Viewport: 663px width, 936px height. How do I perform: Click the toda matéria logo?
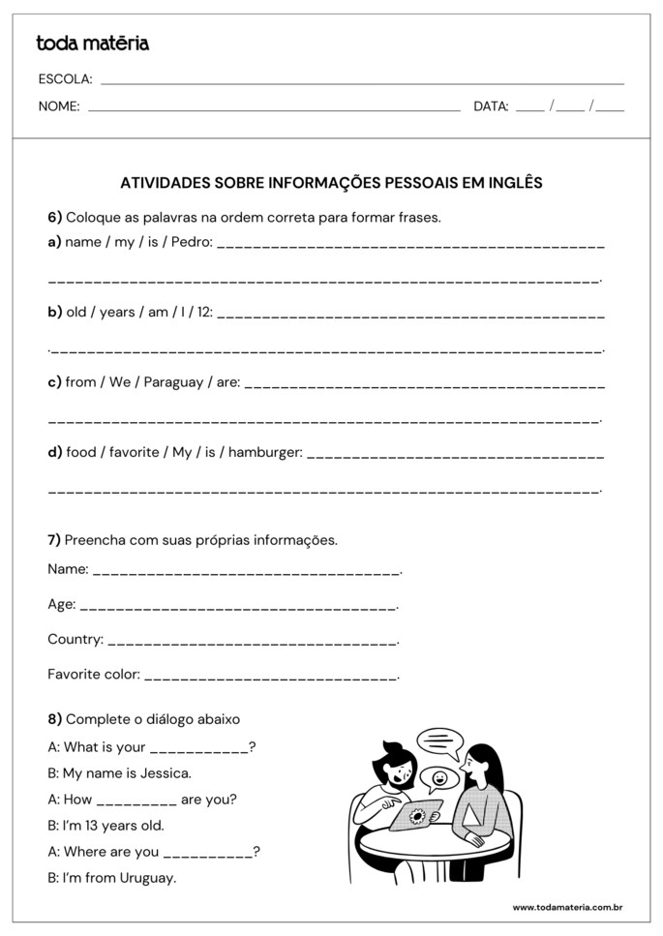tap(92, 44)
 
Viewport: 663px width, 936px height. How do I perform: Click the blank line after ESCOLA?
tap(362, 83)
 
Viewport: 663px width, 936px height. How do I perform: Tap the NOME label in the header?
tap(59, 107)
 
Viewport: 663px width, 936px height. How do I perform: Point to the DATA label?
tap(491, 107)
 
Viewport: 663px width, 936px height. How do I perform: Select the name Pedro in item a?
tap(191, 242)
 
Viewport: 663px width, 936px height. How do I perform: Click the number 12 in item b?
tap(204, 312)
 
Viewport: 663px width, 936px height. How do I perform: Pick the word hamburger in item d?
tap(265, 452)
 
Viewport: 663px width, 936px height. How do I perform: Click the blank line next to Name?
tap(246, 573)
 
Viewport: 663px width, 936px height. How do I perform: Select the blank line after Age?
tap(237, 608)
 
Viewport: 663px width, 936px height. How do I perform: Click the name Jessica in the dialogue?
tap(166, 773)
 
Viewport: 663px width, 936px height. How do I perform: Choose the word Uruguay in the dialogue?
tap(146, 878)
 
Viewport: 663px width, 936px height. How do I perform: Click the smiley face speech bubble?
tap(439, 777)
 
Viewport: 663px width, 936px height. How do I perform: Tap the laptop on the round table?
tap(417, 815)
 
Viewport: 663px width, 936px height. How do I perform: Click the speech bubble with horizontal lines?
tap(440, 743)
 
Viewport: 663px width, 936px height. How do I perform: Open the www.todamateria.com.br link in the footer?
tap(566, 907)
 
